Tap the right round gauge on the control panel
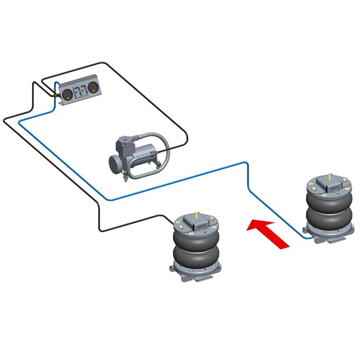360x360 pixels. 93,87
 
